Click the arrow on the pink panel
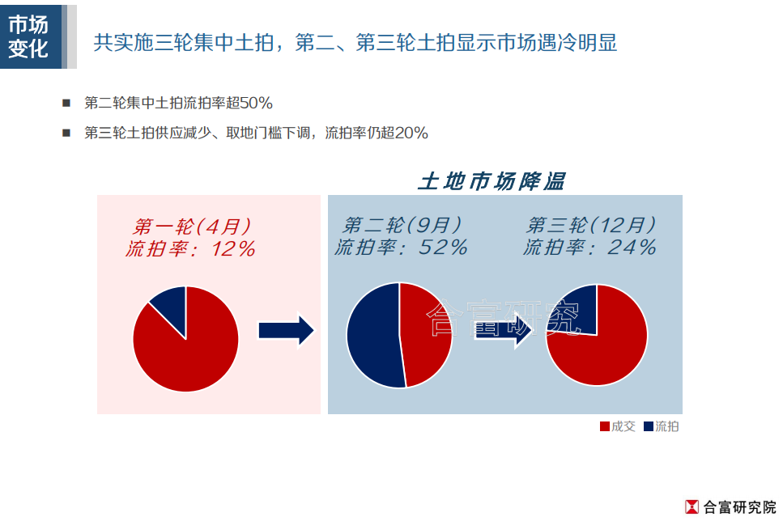pos(286,330)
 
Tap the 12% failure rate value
pos(234,248)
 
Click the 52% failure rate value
pos(444,247)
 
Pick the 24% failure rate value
pos(632,247)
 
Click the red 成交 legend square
pos(605,426)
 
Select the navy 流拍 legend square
pos(649,426)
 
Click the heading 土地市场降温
pos(492,181)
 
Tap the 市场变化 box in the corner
pos(31,36)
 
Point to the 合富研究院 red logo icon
pos(692,506)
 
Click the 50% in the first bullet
pos(256,104)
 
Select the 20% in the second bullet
pos(411,133)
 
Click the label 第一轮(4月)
pos(192,227)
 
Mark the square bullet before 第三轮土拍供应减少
pos(66,133)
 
